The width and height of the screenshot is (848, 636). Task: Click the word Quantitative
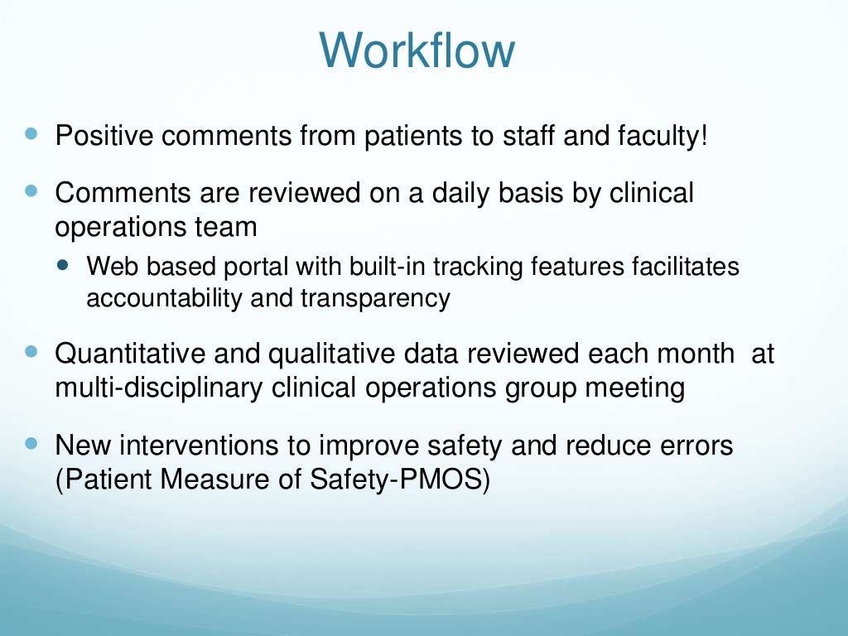pyautogui.click(x=132, y=354)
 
